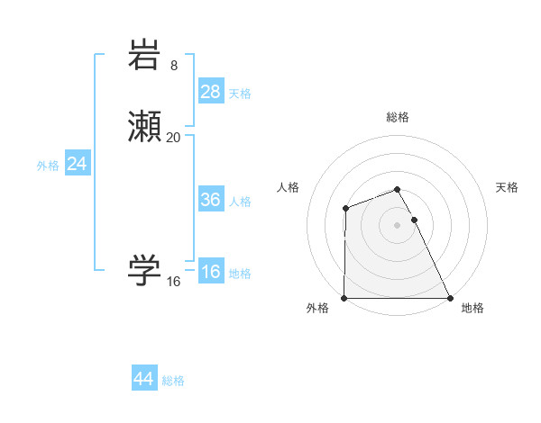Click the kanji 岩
(x=145, y=56)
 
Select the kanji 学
(x=145, y=270)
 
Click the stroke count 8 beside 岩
(x=174, y=65)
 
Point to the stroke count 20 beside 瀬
(x=174, y=137)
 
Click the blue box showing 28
(x=210, y=92)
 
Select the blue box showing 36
(x=210, y=200)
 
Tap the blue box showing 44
(x=143, y=379)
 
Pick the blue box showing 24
(x=77, y=164)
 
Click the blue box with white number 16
(x=210, y=273)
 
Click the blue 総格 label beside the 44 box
(x=173, y=381)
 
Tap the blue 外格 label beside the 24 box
(x=48, y=166)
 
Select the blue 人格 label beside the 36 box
(x=240, y=202)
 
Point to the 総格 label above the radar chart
(x=398, y=117)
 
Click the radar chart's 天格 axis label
(x=508, y=187)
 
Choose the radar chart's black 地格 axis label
(x=472, y=308)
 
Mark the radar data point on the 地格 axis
(x=450, y=298)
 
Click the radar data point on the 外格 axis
(x=344, y=298)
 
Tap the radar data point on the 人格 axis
(x=346, y=209)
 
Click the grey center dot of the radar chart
(x=398, y=224)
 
